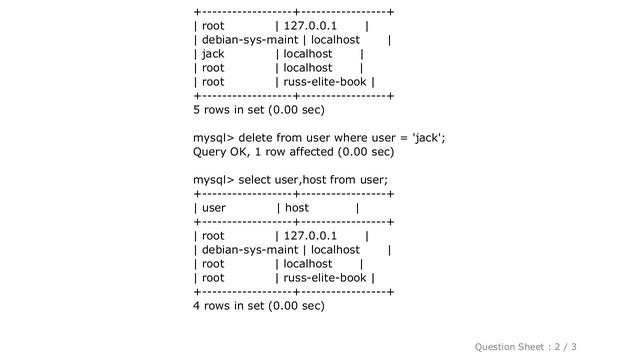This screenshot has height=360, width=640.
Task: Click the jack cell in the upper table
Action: pos(213,54)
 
